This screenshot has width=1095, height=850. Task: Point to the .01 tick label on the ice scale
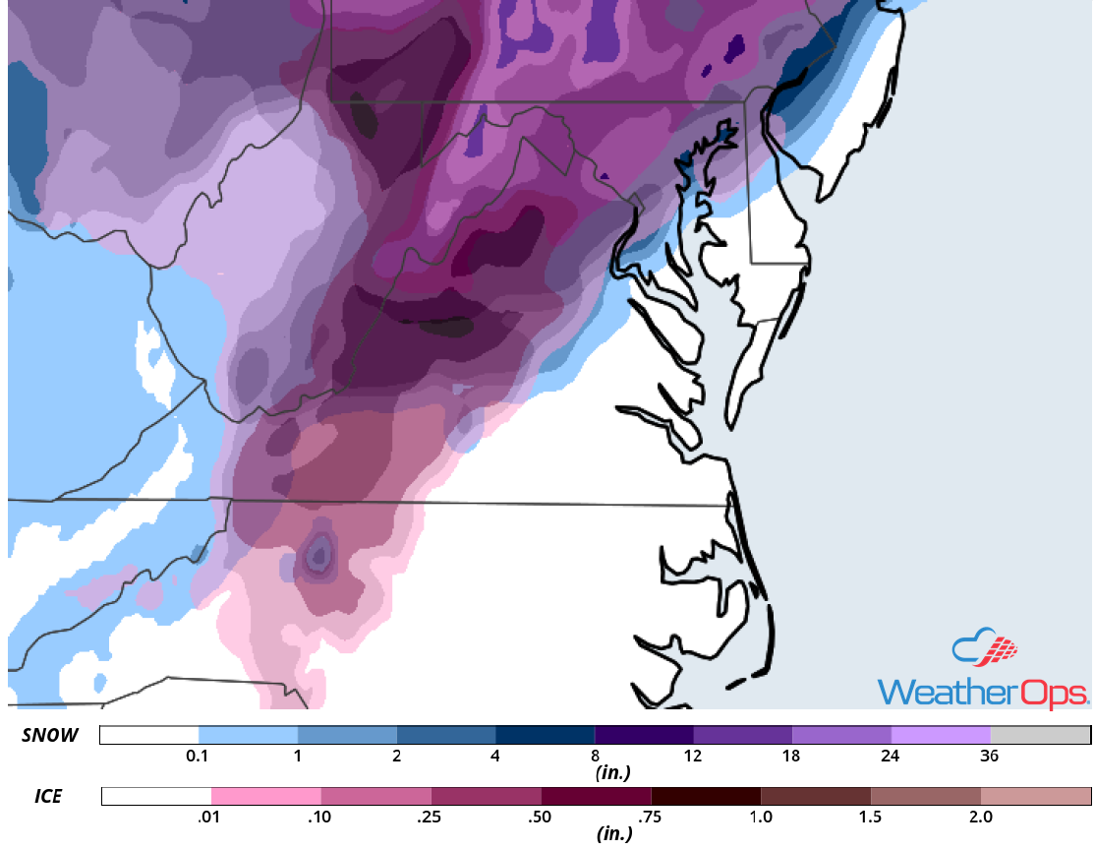pos(210,817)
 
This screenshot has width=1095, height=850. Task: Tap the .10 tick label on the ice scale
pos(320,817)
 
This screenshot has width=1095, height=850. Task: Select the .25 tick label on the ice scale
pos(431,817)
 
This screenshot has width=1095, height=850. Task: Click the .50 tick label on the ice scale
pos(541,817)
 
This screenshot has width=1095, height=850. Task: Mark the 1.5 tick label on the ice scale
pos(870,817)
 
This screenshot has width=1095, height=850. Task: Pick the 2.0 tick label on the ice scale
pos(980,817)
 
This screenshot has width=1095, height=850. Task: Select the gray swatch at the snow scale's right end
pos(1040,736)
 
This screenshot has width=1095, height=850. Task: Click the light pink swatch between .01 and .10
pos(266,796)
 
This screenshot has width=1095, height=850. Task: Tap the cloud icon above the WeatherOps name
pos(984,648)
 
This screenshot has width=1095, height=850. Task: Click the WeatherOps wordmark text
pos(982,691)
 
